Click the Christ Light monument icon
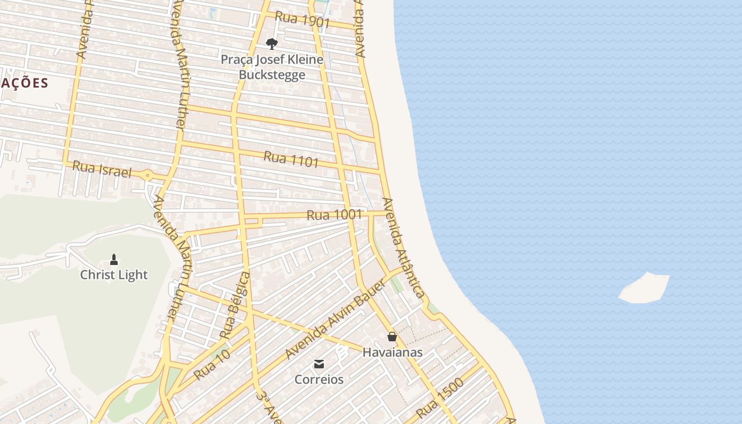[x=113, y=260]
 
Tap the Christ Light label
[x=114, y=275]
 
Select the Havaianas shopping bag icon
[x=392, y=337]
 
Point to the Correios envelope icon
[x=319, y=364]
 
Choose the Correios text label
[x=319, y=379]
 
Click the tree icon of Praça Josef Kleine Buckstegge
[x=272, y=43]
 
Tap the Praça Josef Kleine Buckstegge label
[x=272, y=67]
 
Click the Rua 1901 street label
[x=303, y=20]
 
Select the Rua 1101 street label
[x=291, y=159]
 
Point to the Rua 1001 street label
[x=334, y=215]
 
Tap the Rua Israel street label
[x=101, y=169]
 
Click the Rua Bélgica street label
[x=234, y=306]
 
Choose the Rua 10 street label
[x=211, y=364]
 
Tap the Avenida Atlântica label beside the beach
[x=403, y=248]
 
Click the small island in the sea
[x=645, y=288]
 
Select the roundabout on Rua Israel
[x=148, y=175]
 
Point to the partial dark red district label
[x=24, y=83]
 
